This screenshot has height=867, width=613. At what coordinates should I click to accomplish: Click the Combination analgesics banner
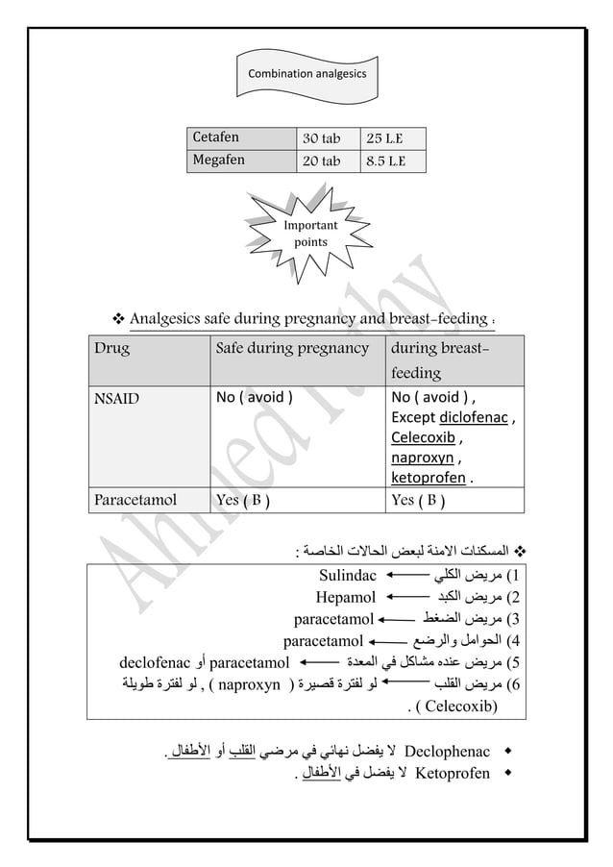click(306, 73)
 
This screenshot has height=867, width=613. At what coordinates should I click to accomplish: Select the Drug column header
click(111, 348)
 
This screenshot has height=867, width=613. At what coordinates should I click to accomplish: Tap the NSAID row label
click(114, 398)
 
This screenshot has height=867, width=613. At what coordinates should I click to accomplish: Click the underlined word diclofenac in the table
click(476, 418)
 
